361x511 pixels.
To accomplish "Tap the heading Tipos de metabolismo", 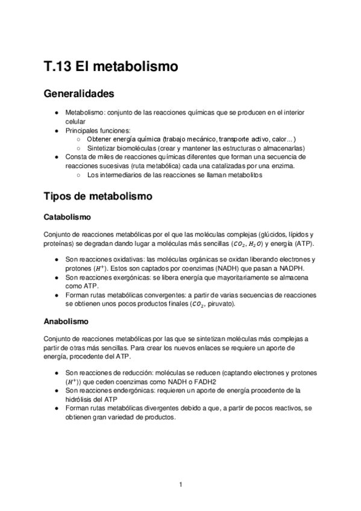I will pyautogui.click(x=99, y=197).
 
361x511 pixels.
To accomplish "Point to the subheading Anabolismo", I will pyautogui.click(x=65, y=321).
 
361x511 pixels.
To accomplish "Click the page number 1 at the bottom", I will pyautogui.click(x=180, y=484).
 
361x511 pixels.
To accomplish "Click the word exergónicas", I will pyautogui.click(x=127, y=278).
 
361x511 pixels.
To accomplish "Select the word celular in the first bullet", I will pyautogui.click(x=75, y=121).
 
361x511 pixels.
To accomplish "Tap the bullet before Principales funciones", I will pyautogui.click(x=56, y=130).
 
